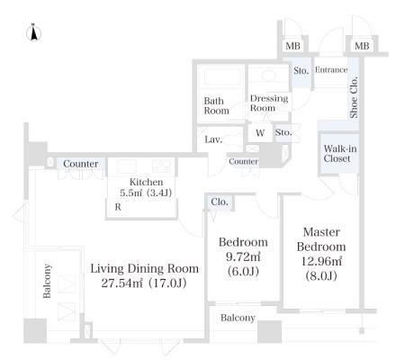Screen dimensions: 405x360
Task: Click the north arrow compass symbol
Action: pos(33,32)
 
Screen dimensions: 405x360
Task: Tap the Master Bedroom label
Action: pos(321,239)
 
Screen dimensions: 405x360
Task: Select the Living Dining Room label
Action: pos(145,268)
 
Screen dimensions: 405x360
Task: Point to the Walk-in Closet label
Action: pos(340,153)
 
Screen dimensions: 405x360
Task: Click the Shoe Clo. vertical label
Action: pos(354,97)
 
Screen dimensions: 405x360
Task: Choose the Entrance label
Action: pos(331,70)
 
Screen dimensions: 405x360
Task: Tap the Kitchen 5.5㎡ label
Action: pos(146,187)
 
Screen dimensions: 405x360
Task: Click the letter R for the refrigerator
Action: pos(118,207)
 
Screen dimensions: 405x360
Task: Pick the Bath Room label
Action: pos(216,105)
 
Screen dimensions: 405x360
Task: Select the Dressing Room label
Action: pos(269,103)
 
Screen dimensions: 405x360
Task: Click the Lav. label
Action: pos(213,139)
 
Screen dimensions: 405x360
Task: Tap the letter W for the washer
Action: pos(260,133)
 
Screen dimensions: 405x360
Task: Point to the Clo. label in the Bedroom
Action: pos(220,202)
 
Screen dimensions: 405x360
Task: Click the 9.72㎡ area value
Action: pos(243,256)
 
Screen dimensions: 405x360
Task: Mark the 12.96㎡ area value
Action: pos(321,261)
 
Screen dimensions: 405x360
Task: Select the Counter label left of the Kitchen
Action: pos(81,164)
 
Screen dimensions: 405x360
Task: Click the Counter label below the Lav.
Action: pos(243,161)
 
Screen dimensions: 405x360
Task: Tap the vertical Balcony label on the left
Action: pos(47,281)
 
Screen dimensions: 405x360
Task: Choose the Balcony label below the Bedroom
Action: pos(238,318)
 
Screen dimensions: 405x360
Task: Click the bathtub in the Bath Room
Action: pos(222,76)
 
